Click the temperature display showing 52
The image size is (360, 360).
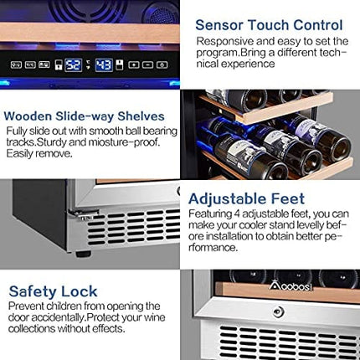coord(73,64)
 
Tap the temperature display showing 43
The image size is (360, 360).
coord(104,64)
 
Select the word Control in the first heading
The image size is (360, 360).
coord(313,24)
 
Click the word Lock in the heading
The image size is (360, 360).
coord(80,291)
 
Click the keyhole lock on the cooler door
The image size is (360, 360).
coord(279,311)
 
